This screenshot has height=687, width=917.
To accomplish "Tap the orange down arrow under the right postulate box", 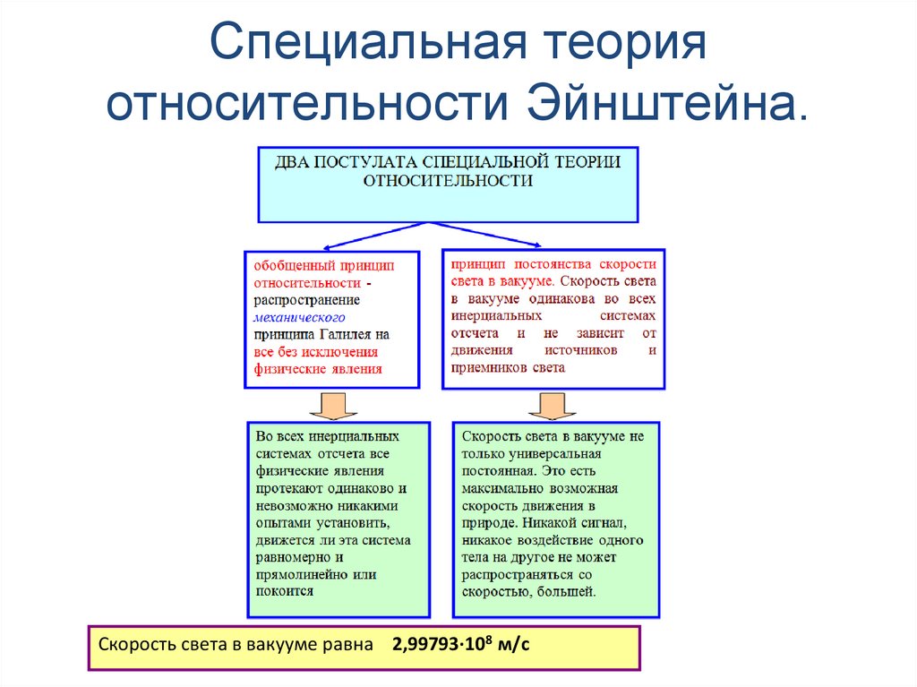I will (x=552, y=405).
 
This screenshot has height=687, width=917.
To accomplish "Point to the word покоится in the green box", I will (x=284, y=591).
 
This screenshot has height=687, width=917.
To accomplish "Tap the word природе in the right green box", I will (x=490, y=522).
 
